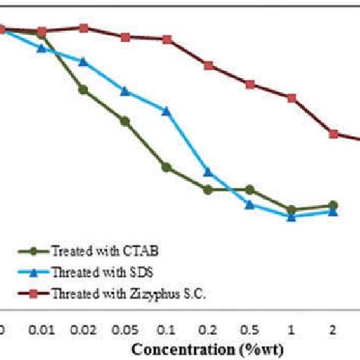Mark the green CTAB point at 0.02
click(84, 90)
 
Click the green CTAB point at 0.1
click(167, 167)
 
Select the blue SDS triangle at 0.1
click(167, 111)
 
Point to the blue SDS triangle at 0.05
click(125, 91)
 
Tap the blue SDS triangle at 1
click(291, 216)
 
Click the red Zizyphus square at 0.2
click(209, 65)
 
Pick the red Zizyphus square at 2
click(333, 134)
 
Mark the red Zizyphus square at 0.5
click(250, 84)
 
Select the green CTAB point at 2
click(333, 205)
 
